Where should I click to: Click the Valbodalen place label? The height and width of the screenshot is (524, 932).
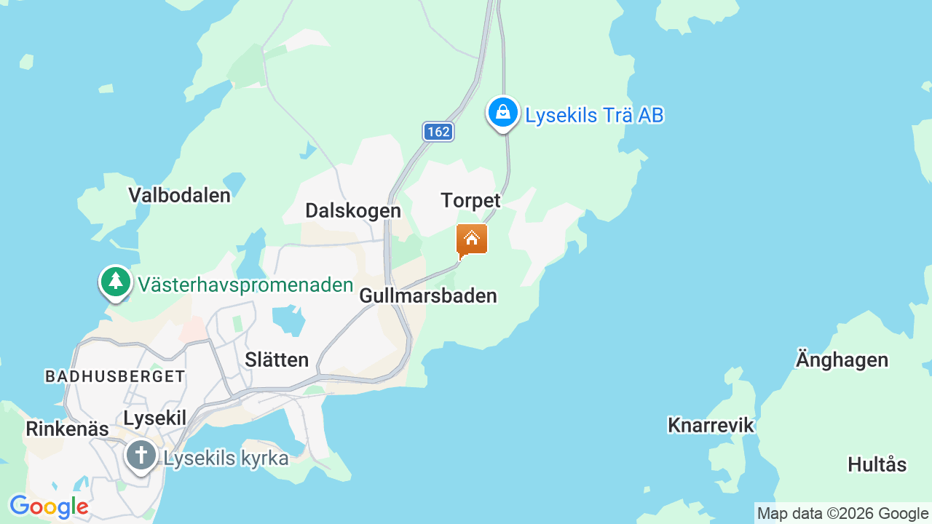[179, 195]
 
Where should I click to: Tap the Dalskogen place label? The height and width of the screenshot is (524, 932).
[353, 211]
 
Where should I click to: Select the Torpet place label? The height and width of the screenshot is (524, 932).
[471, 201]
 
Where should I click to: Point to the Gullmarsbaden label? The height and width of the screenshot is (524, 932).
[428, 296]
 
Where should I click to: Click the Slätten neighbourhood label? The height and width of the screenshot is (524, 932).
[277, 360]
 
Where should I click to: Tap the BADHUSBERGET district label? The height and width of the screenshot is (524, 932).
[115, 376]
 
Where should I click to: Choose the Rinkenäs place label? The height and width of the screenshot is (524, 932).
[67, 429]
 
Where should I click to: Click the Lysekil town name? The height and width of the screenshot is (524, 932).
[155, 418]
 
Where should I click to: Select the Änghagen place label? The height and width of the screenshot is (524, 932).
[842, 360]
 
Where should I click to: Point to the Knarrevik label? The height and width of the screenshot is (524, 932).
[711, 426]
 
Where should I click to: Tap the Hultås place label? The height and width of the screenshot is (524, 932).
[877, 464]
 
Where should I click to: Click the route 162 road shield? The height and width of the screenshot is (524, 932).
[438, 132]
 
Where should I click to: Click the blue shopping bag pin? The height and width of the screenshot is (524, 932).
[502, 113]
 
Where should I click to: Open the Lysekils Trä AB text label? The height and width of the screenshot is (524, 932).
[594, 116]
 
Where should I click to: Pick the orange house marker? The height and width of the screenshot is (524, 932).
[472, 239]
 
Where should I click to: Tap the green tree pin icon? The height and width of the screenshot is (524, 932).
[115, 282]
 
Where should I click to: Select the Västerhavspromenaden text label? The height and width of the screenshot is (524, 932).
[245, 285]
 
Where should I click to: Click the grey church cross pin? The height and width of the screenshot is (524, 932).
[141, 456]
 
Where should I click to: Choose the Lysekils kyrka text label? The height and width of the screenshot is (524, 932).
[226, 458]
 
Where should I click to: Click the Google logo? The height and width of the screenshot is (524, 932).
[49, 507]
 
